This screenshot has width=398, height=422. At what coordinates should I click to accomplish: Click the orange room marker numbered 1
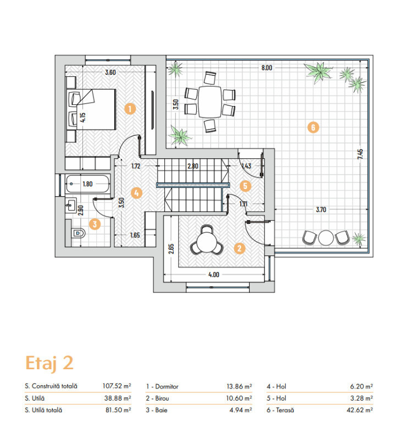[130, 109]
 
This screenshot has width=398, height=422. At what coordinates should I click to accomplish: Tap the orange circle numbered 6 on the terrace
[313, 127]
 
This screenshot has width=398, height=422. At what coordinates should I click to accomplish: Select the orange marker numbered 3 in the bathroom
[95, 224]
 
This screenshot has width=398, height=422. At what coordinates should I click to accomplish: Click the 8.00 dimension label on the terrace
[267, 68]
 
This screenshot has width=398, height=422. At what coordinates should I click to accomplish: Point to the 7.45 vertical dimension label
[360, 154]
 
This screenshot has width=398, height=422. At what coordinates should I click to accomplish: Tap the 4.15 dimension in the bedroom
[83, 118]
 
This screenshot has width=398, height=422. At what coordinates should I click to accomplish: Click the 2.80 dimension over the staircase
[193, 166]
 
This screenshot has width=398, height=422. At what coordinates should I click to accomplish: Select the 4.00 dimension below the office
[214, 275]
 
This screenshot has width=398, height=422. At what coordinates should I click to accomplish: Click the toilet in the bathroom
[79, 233]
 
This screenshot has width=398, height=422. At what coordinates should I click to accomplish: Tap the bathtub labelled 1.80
[88, 184]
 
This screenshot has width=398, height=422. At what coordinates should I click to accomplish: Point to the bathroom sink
[70, 206]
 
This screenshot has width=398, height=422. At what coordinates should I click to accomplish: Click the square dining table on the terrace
[210, 102]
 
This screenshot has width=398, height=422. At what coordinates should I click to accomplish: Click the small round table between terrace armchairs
[326, 237]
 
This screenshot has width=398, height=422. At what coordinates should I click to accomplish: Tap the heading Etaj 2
[49, 363]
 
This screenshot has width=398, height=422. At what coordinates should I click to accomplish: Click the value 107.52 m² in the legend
[117, 386]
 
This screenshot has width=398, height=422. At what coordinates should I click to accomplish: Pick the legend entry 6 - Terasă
[280, 410]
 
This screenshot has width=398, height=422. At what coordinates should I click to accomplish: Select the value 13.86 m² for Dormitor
[239, 386]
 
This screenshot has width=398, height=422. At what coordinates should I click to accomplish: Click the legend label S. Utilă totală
[43, 410]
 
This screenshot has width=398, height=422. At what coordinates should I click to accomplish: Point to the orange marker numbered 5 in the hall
[245, 186]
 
